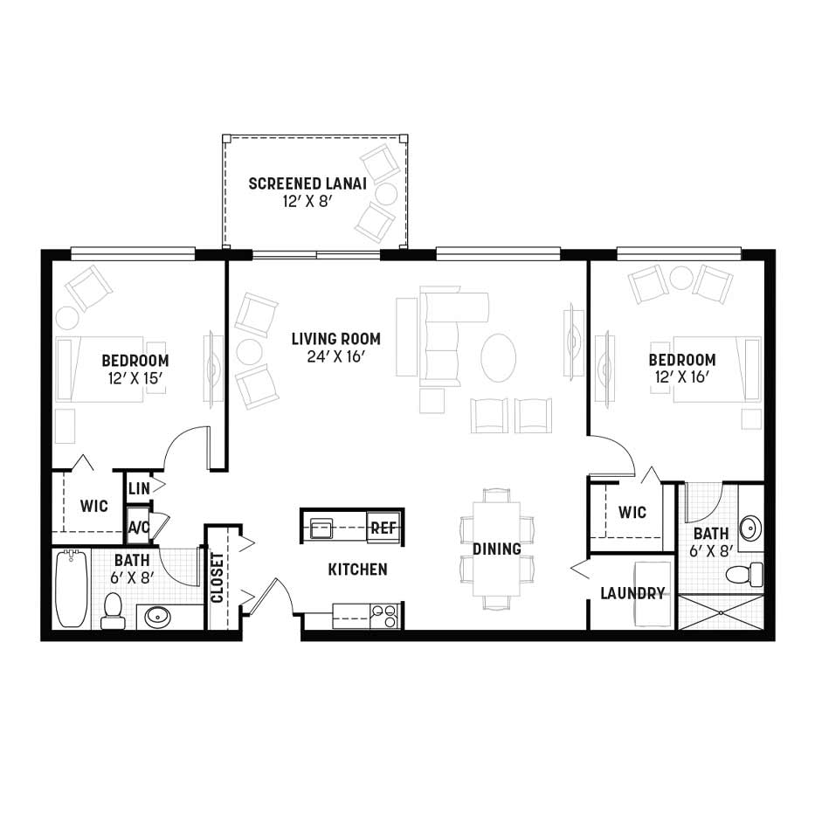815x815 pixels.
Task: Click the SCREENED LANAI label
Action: click(307, 183)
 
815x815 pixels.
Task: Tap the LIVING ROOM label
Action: click(336, 339)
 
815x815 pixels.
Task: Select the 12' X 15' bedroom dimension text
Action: click(135, 378)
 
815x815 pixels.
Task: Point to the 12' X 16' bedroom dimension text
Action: click(682, 376)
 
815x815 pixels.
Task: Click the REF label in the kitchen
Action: click(383, 528)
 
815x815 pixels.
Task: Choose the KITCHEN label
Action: click(357, 570)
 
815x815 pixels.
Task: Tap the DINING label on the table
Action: click(497, 549)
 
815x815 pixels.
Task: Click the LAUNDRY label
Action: click(632, 593)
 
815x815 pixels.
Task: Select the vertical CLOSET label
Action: click(218, 577)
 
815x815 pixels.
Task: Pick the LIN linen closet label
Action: click(139, 488)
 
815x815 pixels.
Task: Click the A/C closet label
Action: click(139, 528)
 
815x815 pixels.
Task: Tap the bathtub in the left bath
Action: click(72, 588)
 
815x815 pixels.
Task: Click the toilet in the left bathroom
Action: click(112, 611)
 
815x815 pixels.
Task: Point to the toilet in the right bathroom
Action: click(742, 576)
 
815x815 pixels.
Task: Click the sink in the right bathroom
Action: click(750, 528)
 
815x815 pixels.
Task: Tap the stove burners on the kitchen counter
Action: click(384, 617)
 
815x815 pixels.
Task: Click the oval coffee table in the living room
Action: click(499, 358)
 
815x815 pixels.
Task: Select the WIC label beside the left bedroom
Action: click(94, 506)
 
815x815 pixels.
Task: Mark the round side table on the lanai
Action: click(386, 194)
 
